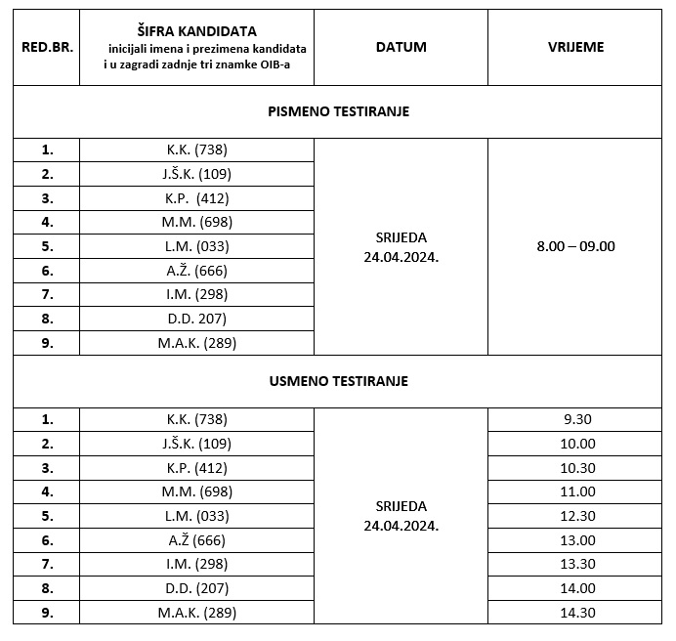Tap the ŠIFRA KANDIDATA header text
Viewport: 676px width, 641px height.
[197, 31]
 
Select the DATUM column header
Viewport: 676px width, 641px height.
[401, 47]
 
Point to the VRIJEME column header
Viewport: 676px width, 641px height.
[575, 47]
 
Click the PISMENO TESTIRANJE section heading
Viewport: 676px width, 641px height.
[338, 111]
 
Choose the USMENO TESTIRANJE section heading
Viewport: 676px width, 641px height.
[338, 381]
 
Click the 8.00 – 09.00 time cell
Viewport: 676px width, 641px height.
[575, 246]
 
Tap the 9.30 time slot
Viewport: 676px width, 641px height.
[575, 419]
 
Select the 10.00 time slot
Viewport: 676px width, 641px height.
[575, 444]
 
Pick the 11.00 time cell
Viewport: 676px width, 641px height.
[575, 491]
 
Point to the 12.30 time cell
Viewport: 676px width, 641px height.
[575, 516]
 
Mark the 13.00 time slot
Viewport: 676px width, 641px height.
[575, 540]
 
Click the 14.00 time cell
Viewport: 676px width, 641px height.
[575, 588]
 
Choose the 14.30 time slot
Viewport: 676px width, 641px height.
[575, 613]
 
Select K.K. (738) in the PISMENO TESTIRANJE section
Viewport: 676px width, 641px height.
[196, 150]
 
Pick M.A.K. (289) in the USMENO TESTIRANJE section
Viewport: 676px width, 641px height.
[196, 613]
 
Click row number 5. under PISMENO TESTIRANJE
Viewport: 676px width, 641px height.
[46, 246]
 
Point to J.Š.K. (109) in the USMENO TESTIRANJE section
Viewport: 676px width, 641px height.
[196, 444]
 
